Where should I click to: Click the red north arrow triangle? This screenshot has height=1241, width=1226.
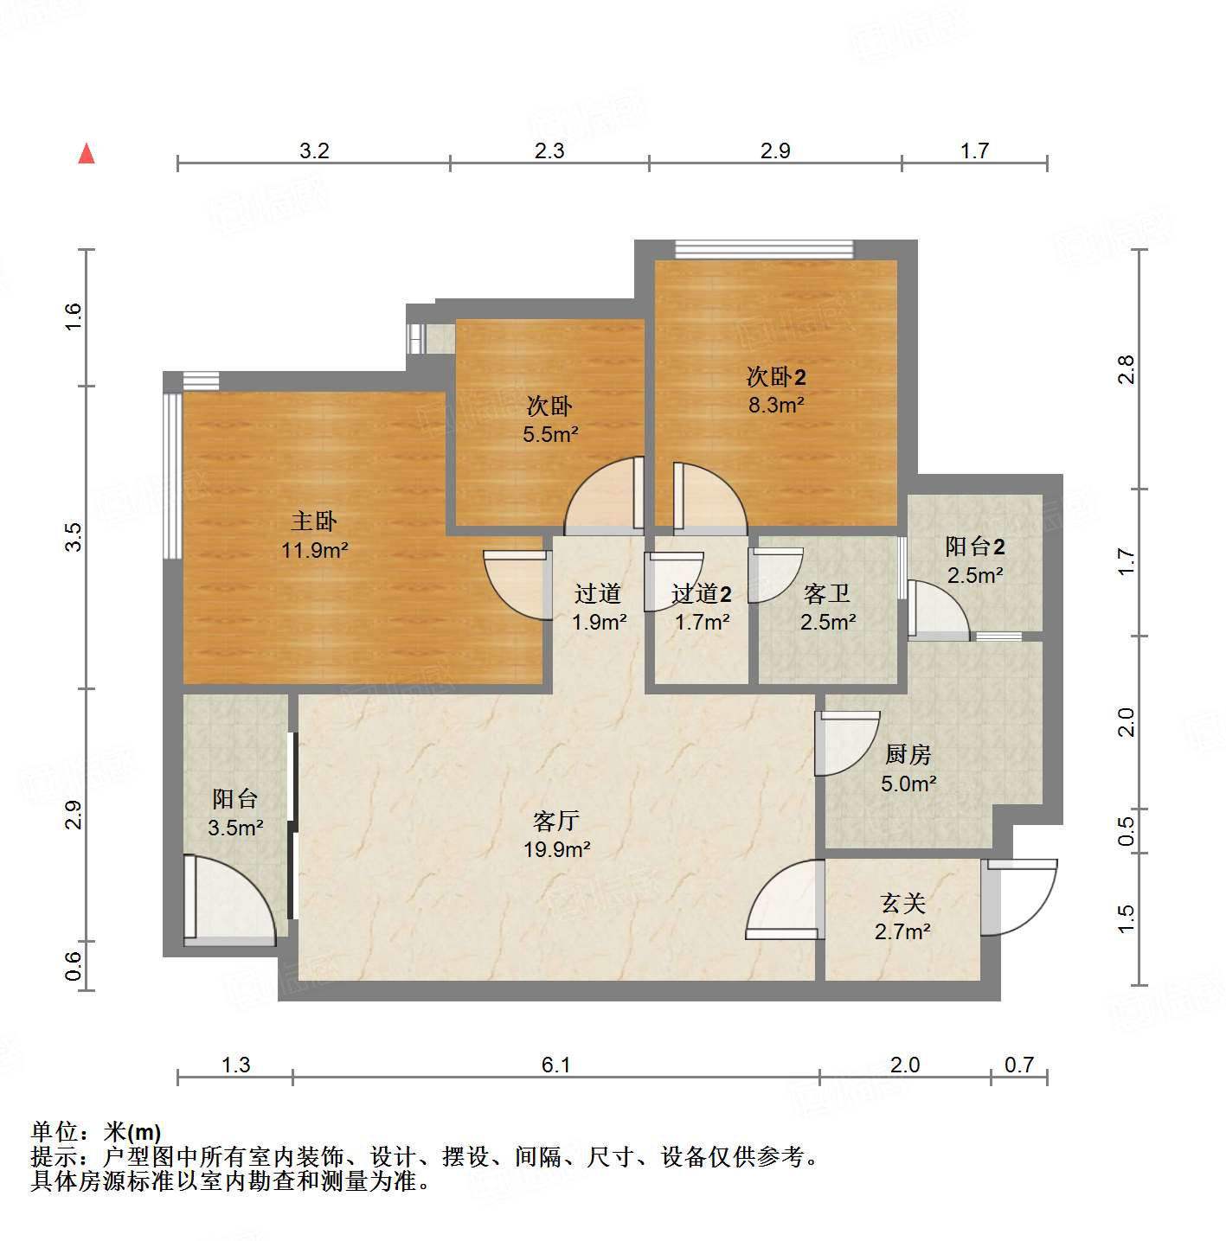pos(87,154)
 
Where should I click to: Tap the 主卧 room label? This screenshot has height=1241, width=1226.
pos(314,521)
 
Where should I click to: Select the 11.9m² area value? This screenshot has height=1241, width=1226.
pos(314,550)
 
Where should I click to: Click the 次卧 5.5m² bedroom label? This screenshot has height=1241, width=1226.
pos(549,406)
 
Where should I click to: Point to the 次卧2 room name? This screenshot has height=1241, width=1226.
pos(776,377)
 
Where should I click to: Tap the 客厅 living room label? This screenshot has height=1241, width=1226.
pos(556,821)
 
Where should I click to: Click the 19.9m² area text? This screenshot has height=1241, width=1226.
pos(556,850)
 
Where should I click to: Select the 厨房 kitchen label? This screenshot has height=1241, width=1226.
pos(908,755)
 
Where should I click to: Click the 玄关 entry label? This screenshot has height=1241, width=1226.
pos(902,904)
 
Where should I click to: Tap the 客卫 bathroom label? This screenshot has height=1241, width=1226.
pos(827,594)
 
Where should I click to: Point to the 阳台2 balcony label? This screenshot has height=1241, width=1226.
pos(974,547)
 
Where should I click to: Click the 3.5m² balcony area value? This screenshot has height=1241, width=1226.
pos(235,828)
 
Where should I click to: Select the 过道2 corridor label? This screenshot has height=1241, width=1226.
pos(701,594)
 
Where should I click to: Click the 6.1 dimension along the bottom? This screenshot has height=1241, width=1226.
pos(555,1065)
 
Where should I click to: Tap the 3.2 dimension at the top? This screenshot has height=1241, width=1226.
pos(314,150)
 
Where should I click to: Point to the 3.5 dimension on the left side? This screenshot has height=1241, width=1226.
pos(74,537)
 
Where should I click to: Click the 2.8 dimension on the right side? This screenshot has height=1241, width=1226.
pos(1125,370)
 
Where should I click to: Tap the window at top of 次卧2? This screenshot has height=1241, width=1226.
pos(764,250)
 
